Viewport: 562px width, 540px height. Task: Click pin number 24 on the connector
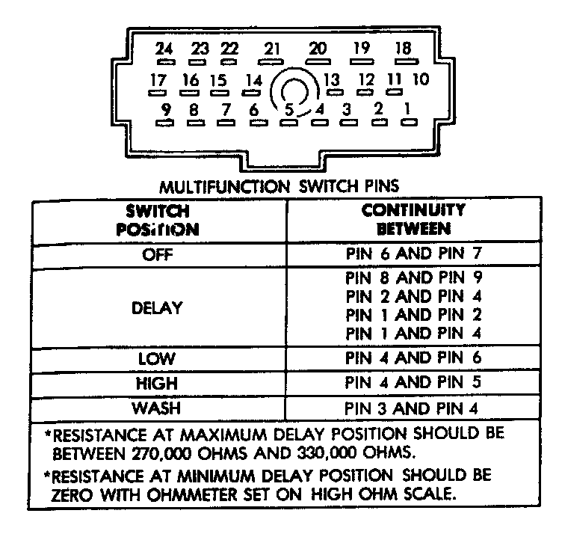click(x=164, y=49)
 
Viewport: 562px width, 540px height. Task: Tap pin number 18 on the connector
click(x=403, y=49)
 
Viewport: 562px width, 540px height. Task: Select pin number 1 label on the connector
click(x=407, y=108)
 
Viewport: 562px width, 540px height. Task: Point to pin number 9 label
click(x=166, y=109)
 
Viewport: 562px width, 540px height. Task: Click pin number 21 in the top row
click(x=271, y=49)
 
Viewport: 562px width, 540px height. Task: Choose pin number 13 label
click(x=332, y=79)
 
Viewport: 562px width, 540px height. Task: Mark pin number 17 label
click(x=158, y=79)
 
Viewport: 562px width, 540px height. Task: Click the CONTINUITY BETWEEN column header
click(x=413, y=218)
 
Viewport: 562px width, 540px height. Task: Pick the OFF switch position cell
click(x=158, y=254)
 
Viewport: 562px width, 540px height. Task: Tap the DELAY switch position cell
click(x=158, y=307)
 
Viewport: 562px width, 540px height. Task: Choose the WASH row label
click(x=158, y=408)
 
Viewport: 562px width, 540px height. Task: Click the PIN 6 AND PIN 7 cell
click(x=413, y=254)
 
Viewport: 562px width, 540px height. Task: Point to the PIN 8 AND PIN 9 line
click(x=413, y=279)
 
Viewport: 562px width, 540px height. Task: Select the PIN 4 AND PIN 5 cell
click(x=413, y=383)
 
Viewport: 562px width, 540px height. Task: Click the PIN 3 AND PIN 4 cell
click(x=413, y=409)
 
